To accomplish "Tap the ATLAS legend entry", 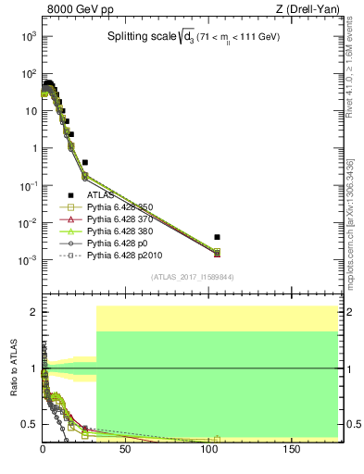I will point(101,195).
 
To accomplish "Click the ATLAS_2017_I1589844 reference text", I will point(194,276).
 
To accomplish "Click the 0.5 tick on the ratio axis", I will point(31,424).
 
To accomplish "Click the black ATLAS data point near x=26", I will point(85,162).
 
